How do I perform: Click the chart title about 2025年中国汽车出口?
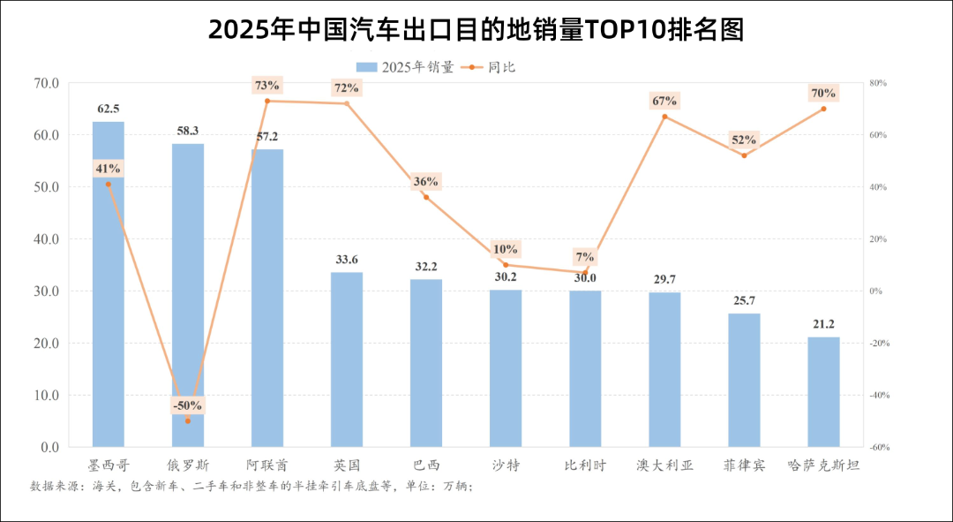tap(476, 29)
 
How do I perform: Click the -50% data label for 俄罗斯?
tap(187, 405)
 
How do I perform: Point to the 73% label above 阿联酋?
tap(266, 86)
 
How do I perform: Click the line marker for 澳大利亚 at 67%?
tap(664, 117)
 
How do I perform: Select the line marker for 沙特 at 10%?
tap(506, 265)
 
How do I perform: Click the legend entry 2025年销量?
tap(406, 67)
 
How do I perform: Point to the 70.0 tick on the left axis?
tap(46, 83)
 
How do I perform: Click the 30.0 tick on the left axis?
tap(46, 291)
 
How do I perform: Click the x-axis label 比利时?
tap(585, 465)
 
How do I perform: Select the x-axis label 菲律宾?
tap(744, 465)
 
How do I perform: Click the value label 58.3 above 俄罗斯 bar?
tap(187, 131)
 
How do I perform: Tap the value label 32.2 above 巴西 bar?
tap(426, 266)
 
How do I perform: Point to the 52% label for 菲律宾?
tap(744, 140)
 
